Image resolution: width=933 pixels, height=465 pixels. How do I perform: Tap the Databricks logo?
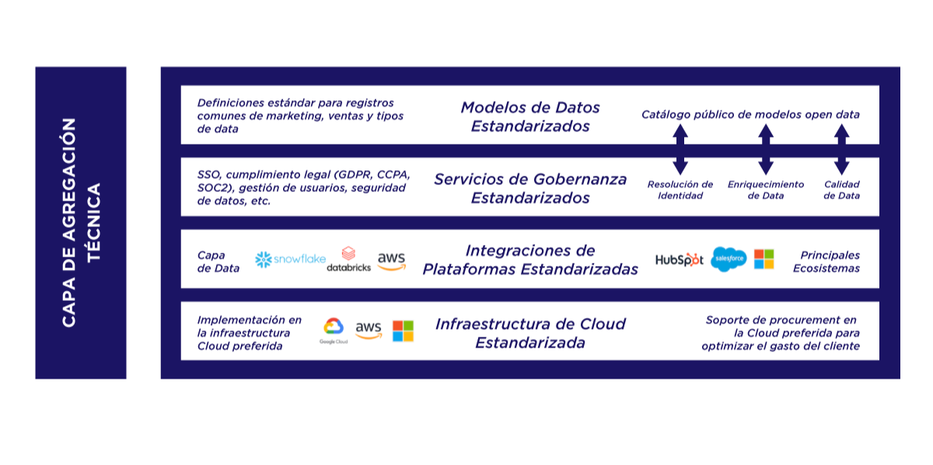pyautogui.click(x=348, y=260)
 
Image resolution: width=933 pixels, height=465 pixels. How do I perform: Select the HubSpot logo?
pyautogui.click(x=679, y=260)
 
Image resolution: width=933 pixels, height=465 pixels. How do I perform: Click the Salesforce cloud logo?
pyautogui.click(x=729, y=259)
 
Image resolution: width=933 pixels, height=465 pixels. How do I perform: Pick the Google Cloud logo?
pyautogui.click(x=333, y=330)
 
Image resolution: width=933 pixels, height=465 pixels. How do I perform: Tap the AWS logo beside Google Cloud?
pyautogui.click(x=369, y=330)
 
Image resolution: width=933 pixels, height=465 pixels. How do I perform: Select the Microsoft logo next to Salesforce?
pyautogui.click(x=764, y=259)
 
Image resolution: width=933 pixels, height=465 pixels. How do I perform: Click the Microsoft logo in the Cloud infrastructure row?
pyautogui.click(x=403, y=330)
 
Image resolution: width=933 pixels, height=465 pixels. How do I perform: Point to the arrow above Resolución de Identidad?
pyautogui.click(x=680, y=150)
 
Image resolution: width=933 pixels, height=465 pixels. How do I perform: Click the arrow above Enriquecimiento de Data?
pyautogui.click(x=766, y=150)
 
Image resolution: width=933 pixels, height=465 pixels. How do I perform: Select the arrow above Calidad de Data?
pyautogui.click(x=841, y=150)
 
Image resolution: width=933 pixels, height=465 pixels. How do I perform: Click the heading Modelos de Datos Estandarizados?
pyautogui.click(x=530, y=117)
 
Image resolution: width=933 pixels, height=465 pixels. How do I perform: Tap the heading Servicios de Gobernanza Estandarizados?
pyautogui.click(x=530, y=188)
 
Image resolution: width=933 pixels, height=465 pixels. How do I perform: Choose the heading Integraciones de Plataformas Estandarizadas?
pyautogui.click(x=530, y=260)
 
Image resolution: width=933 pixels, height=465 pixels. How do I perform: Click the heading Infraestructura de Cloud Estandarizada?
pyautogui.click(x=530, y=332)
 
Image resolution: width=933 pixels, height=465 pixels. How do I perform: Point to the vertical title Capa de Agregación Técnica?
pyautogui.click(x=81, y=222)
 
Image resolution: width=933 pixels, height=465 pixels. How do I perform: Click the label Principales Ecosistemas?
pyautogui.click(x=826, y=261)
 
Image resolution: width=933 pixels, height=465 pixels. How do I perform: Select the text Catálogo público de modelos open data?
pyautogui.click(x=750, y=114)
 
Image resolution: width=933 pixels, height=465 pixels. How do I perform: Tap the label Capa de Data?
pyautogui.click(x=218, y=261)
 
